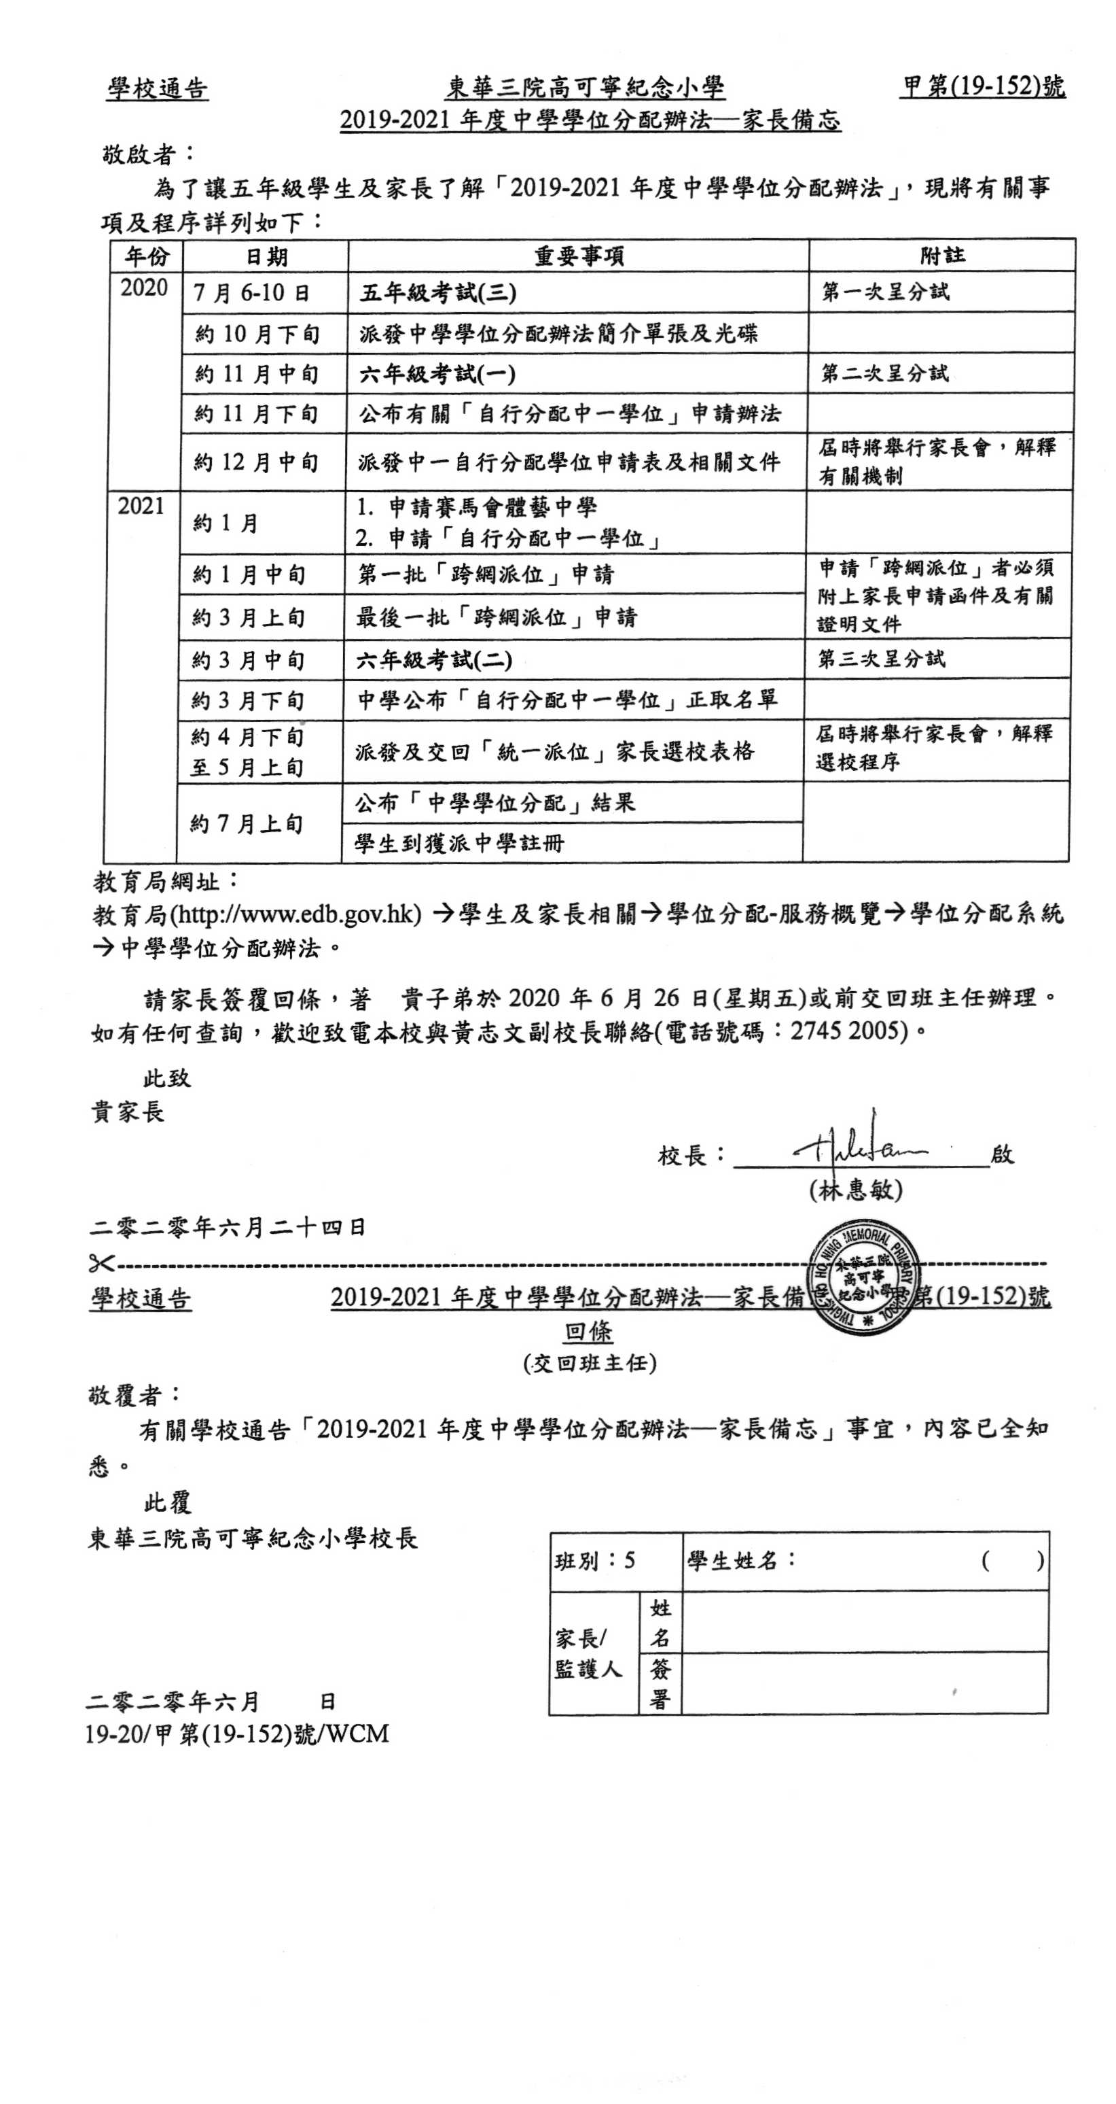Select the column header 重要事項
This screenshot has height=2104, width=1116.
pyautogui.click(x=578, y=256)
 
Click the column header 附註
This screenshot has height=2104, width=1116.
pyautogui.click(x=942, y=256)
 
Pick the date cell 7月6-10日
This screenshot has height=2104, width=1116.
pyautogui.click(x=251, y=292)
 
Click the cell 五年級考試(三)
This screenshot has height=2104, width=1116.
pyautogui.click(x=437, y=292)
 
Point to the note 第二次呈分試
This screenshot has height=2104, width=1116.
pyautogui.click(x=885, y=373)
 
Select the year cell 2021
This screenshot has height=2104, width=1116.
pyautogui.click(x=141, y=506)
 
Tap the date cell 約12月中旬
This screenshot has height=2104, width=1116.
pyautogui.click(x=255, y=462)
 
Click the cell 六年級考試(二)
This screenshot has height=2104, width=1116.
pyautogui.click(x=433, y=660)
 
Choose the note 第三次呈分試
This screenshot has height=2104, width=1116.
pyautogui.click(x=882, y=658)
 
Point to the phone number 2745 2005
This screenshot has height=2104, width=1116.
pyautogui.click(x=849, y=1031)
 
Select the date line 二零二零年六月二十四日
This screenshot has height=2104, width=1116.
pyautogui.click(x=228, y=1227)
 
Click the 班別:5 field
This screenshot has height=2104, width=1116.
pyautogui.click(x=595, y=1561)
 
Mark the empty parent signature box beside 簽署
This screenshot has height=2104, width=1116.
pyautogui.click(x=864, y=1683)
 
